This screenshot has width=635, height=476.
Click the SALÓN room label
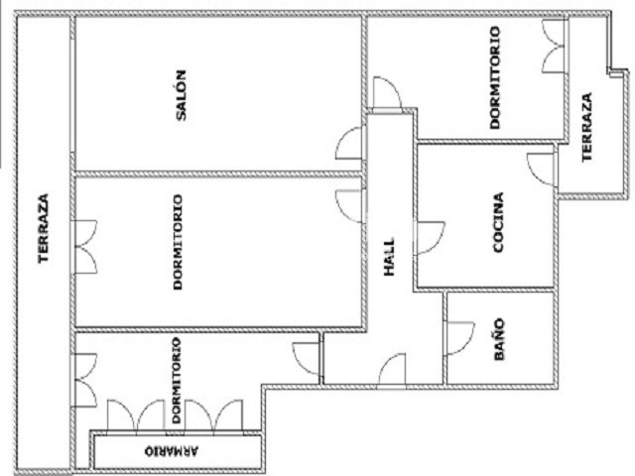181,95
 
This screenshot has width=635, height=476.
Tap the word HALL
389,257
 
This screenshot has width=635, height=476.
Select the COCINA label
498,222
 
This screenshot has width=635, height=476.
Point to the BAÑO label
500,339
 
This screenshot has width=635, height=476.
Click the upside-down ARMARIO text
172,451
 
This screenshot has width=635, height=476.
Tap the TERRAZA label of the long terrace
43,229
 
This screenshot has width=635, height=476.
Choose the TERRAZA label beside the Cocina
586,128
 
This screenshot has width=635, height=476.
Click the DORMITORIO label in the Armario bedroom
177,381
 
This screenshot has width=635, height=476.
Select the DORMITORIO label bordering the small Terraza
494,77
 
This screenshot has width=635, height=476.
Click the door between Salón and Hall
349,143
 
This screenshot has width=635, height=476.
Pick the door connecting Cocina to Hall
430,238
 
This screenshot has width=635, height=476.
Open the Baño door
459,338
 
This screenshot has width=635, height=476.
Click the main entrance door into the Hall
392,369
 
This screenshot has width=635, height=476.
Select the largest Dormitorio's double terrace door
84,247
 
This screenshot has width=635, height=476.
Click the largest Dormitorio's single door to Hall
350,206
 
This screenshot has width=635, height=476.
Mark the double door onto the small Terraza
554,47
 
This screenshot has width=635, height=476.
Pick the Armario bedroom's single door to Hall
307,359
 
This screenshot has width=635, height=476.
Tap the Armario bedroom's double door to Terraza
84,381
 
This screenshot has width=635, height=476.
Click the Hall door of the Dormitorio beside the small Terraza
387,92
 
